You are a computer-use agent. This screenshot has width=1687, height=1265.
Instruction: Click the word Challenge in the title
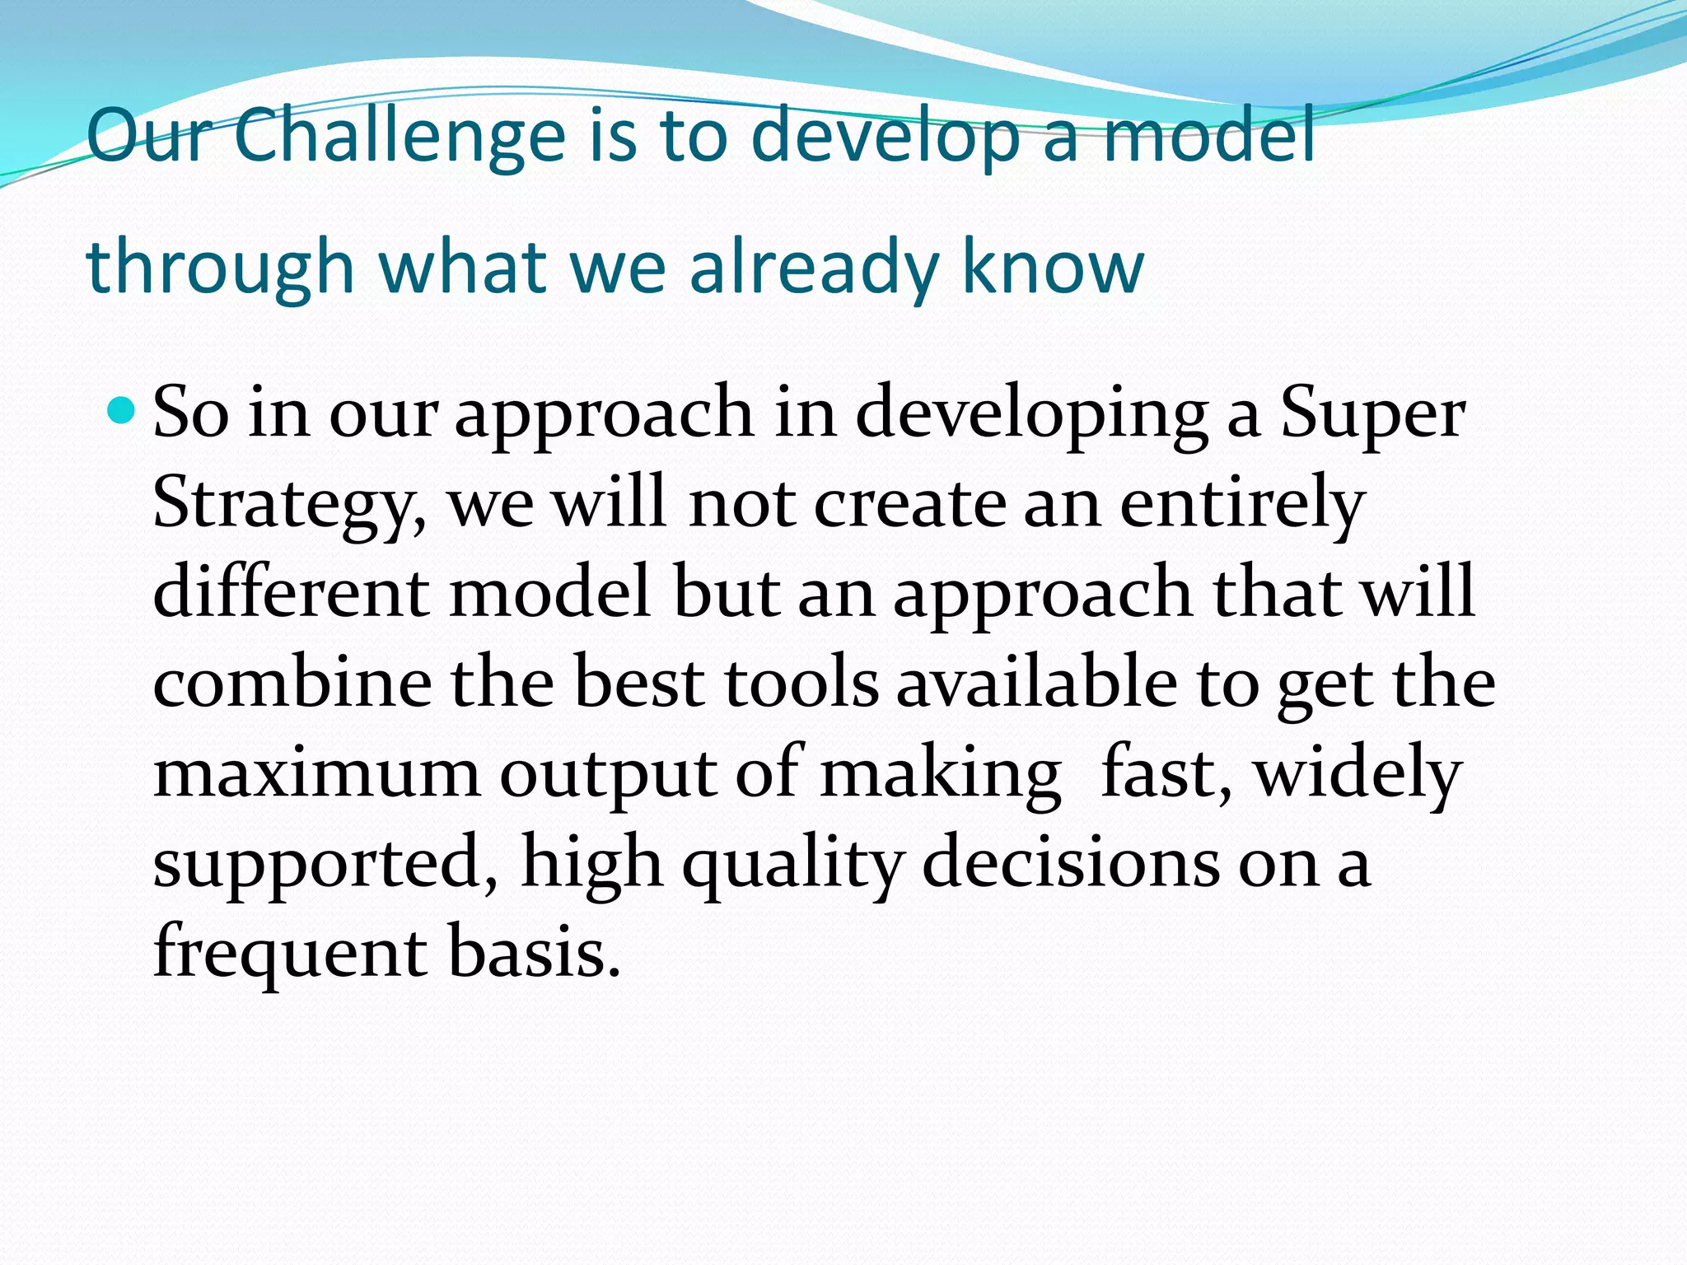pyautogui.click(x=400, y=136)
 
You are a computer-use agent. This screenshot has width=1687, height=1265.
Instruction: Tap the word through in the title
pyautogui.click(x=220, y=268)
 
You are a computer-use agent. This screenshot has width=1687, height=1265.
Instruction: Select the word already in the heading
pyautogui.click(x=814, y=268)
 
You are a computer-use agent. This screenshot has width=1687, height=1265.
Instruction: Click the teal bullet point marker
pyautogui.click(x=121, y=409)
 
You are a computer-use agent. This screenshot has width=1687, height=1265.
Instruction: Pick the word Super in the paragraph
pyautogui.click(x=1372, y=414)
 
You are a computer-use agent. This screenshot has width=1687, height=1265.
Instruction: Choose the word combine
pyautogui.click(x=292, y=684)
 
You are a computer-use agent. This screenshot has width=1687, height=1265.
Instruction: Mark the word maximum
pyautogui.click(x=316, y=774)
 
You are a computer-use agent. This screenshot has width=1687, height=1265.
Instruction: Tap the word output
pyautogui.click(x=608, y=774)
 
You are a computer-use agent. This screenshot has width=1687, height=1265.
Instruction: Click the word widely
pyautogui.click(x=1358, y=774)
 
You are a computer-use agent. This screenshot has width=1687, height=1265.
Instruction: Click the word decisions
pyautogui.click(x=1070, y=863)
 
